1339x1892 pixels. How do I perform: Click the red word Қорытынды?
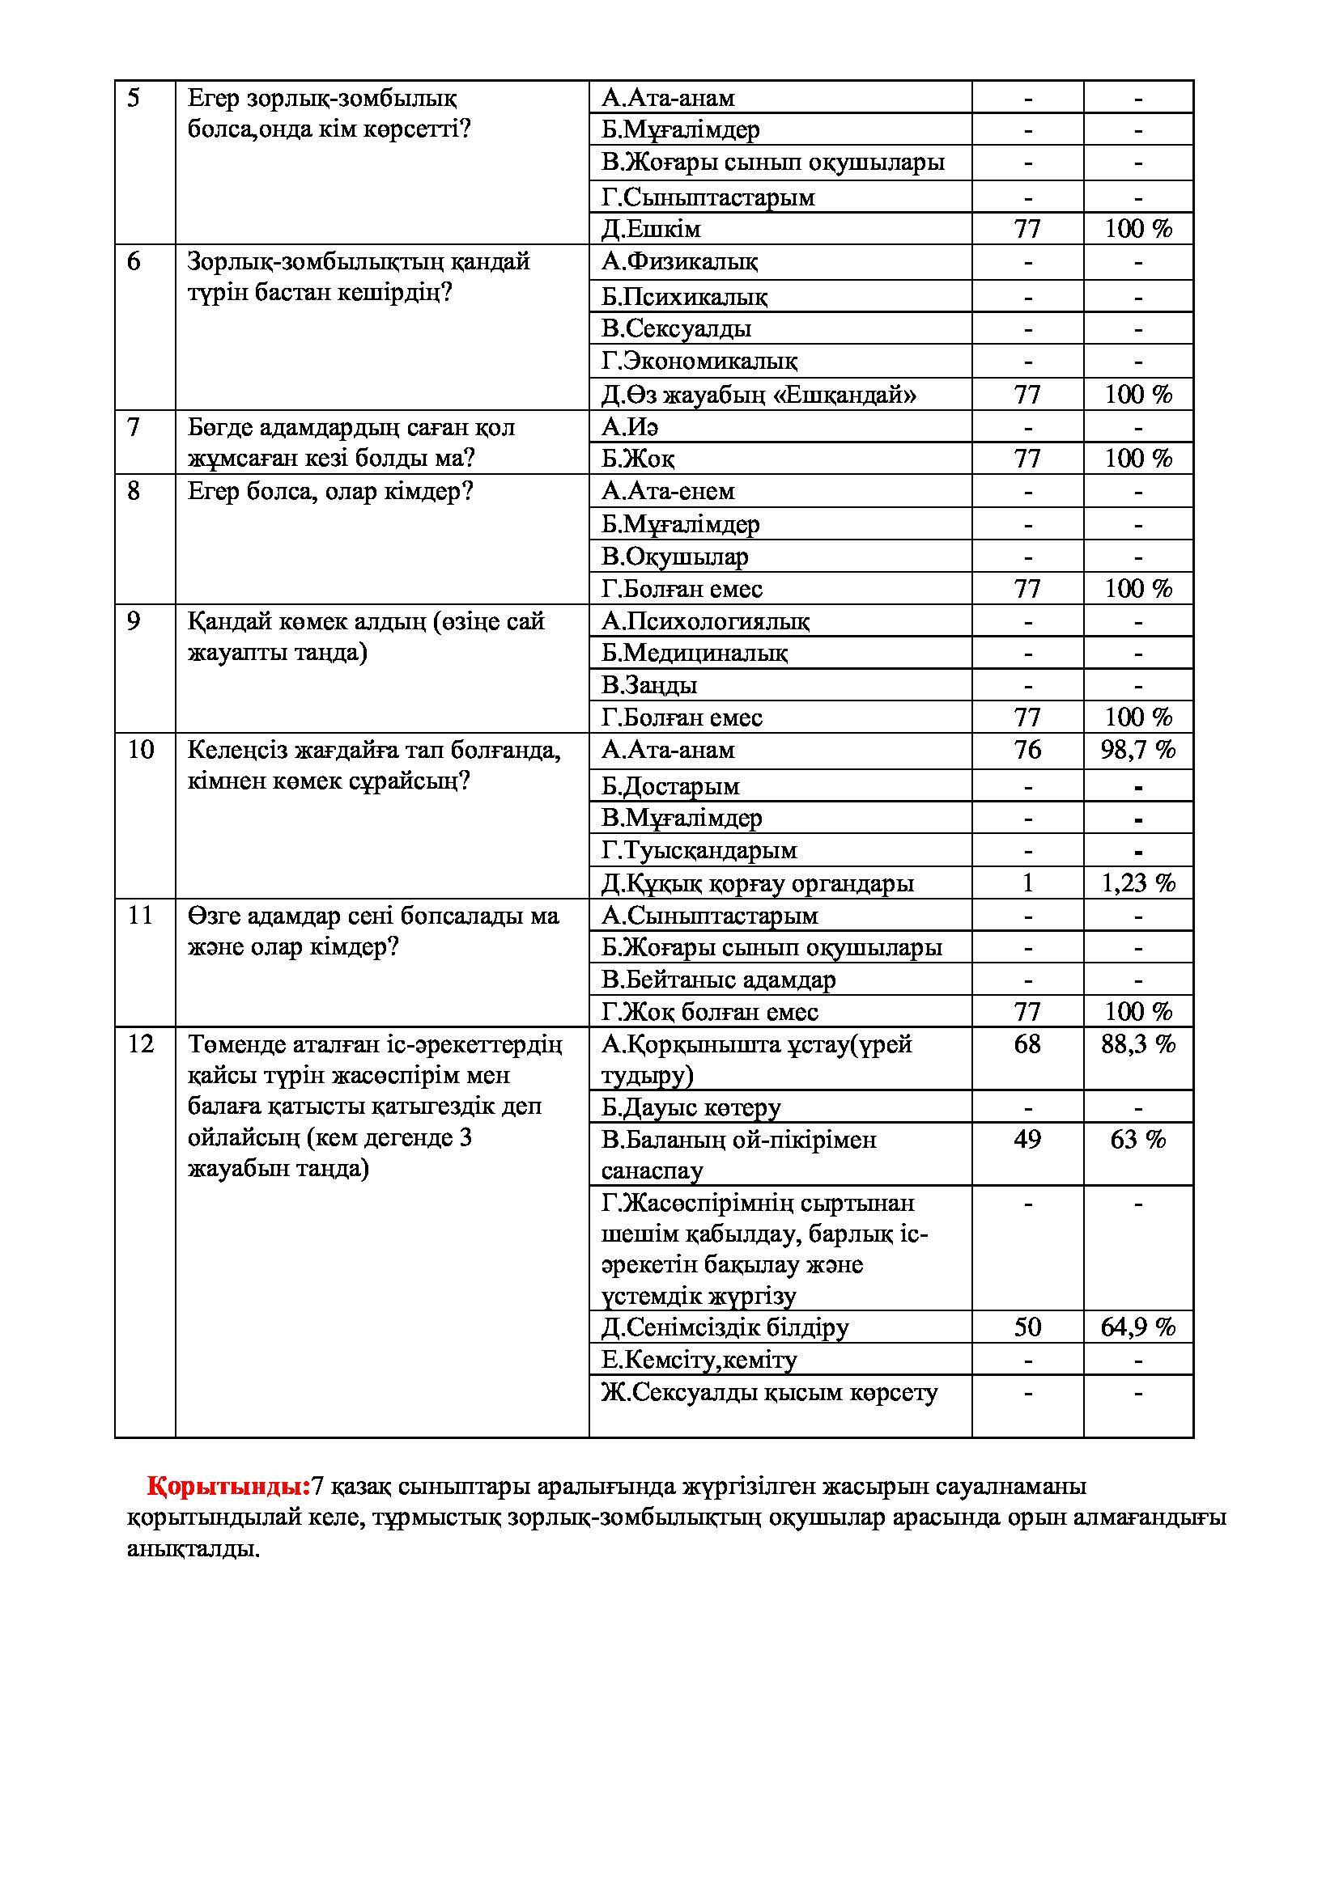228,1487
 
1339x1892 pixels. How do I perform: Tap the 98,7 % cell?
1137,750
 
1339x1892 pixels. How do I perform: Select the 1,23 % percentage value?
1137,883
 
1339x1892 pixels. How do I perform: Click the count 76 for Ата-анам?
1027,750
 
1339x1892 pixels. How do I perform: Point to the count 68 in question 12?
1027,1044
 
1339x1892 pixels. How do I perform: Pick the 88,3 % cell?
1137,1044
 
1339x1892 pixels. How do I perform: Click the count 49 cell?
1027,1139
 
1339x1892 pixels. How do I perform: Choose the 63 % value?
1137,1139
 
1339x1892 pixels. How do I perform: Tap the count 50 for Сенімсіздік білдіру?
1027,1327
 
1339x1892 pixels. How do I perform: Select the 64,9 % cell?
1137,1327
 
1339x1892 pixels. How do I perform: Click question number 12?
140,1044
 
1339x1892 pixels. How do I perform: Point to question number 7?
134,427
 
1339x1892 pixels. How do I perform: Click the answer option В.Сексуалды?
676,328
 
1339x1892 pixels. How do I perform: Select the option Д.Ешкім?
651,228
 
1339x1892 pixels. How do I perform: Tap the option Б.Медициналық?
695,653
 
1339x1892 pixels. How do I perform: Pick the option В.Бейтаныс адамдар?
718,980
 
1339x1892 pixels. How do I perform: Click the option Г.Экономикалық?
699,361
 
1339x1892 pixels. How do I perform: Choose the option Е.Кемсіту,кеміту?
699,1360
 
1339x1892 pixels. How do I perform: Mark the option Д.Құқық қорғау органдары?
757,883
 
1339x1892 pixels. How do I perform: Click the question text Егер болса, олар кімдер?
329,492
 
